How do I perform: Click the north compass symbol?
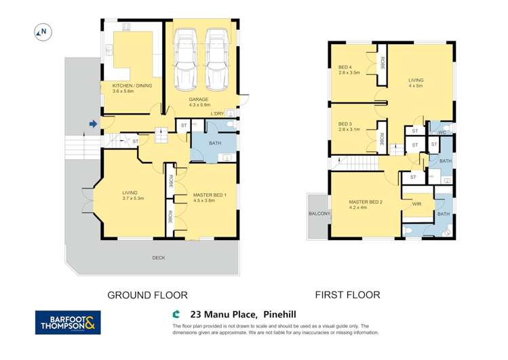(x=42, y=31)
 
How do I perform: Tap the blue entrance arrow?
(x=92, y=123)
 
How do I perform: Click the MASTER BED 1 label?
(x=210, y=194)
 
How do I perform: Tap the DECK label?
(x=158, y=258)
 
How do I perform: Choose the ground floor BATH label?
(x=214, y=143)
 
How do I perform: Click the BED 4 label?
(x=345, y=67)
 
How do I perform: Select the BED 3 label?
(x=345, y=124)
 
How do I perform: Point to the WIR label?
(x=417, y=203)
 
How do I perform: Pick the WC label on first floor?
(x=442, y=132)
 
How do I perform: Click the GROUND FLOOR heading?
(x=148, y=295)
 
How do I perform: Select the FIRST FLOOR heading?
(x=347, y=295)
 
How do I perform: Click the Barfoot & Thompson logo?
(x=68, y=322)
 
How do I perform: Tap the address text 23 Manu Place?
(x=224, y=314)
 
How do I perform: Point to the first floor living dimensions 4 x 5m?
(x=415, y=86)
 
